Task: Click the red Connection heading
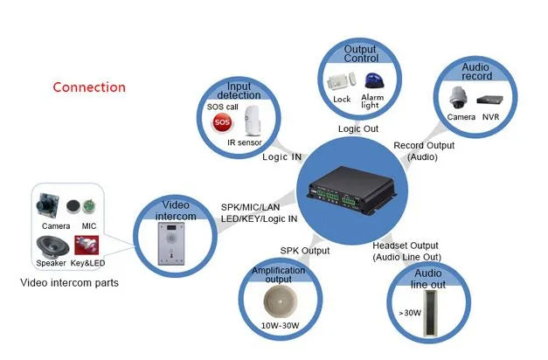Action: [89, 87]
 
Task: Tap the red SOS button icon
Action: [222, 121]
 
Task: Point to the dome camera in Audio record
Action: [461, 97]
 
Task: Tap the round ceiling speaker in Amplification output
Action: [281, 301]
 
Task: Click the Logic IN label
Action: [282, 158]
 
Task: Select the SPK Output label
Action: [304, 251]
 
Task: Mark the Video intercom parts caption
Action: [68, 283]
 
